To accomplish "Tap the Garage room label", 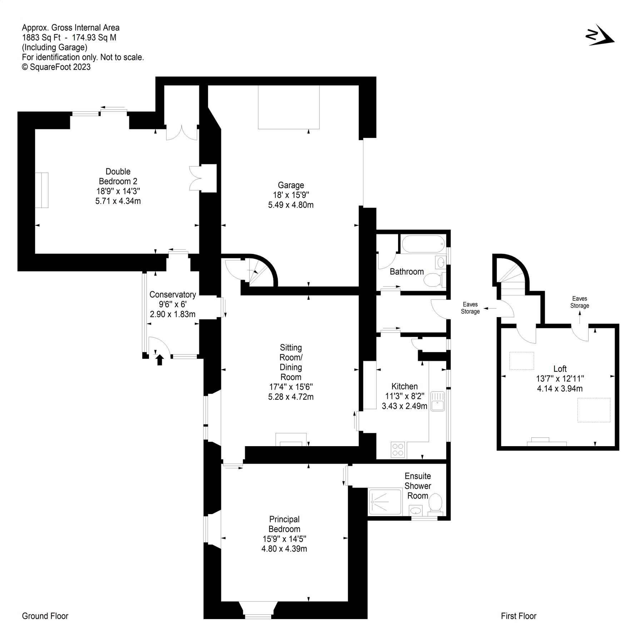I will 291,185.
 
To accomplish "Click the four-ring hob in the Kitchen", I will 398,450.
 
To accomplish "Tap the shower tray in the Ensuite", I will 385,501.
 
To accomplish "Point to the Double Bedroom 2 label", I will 118,176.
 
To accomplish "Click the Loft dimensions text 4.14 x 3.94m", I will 560,389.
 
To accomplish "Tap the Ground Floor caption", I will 45,616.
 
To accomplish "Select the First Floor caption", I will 518,616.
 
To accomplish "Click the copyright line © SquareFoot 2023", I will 56,67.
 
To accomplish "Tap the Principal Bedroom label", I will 284,524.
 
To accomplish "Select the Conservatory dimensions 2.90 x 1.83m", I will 173,314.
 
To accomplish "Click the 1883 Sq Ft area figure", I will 41,38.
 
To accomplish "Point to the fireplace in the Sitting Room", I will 291,440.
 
